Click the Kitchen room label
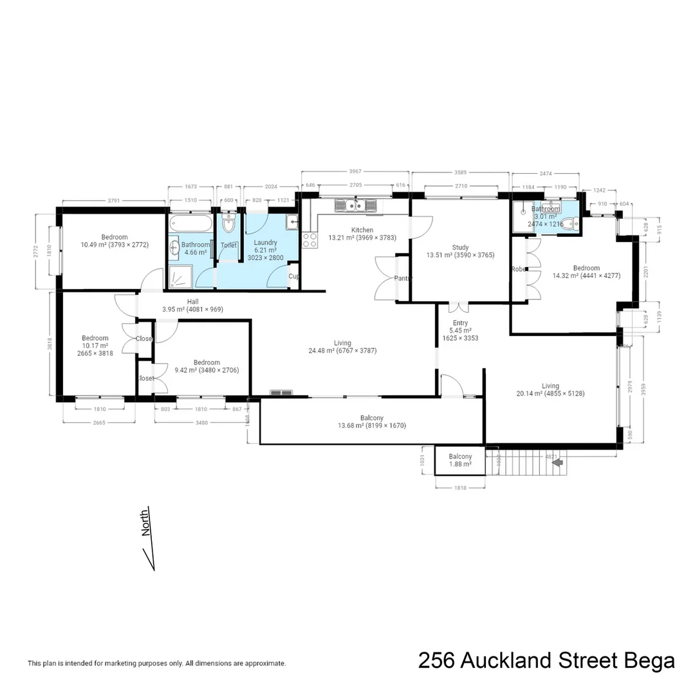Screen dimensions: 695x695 point(362,230)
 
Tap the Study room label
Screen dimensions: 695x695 point(460,247)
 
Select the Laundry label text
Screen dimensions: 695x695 point(265,242)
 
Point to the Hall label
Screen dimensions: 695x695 point(192,301)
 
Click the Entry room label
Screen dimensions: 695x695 point(460,323)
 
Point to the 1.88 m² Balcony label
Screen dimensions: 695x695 point(460,457)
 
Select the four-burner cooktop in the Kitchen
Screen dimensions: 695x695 point(310,240)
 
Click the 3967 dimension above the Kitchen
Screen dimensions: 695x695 point(355,171)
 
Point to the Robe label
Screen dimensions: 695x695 point(518,269)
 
